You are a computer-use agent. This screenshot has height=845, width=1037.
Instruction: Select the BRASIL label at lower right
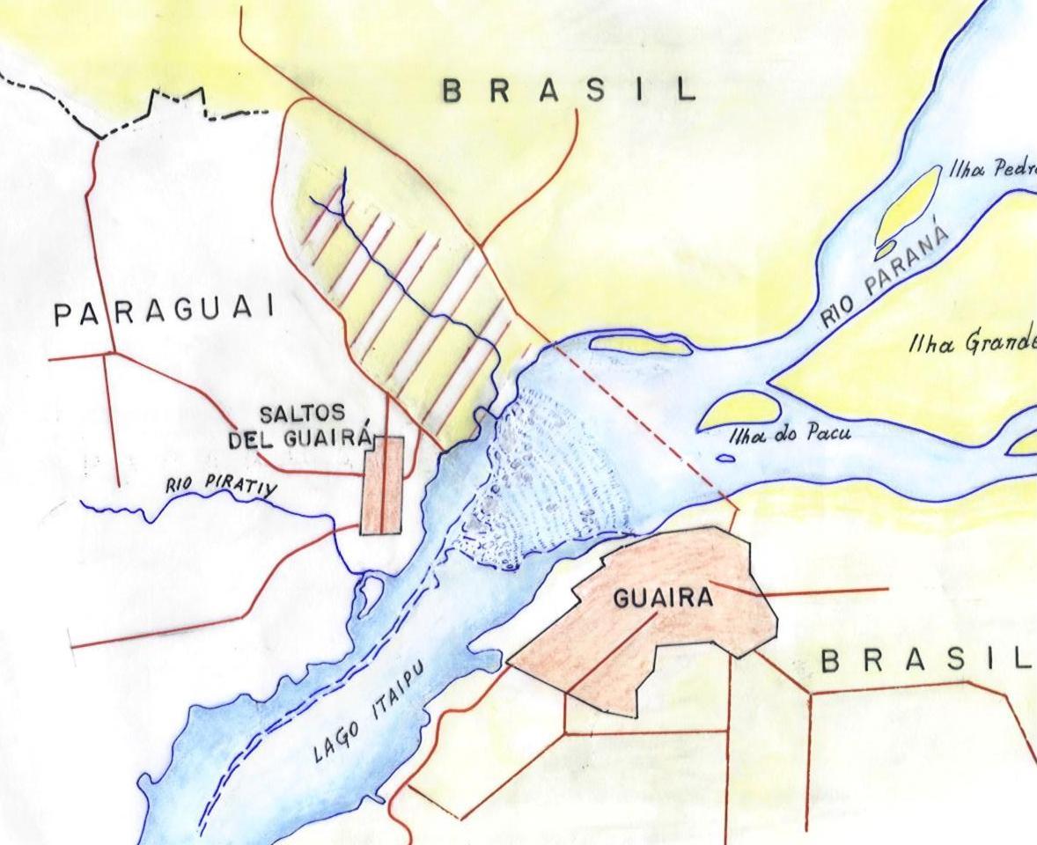click(x=924, y=661)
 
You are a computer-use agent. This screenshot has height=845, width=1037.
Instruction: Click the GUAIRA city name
click(x=662, y=599)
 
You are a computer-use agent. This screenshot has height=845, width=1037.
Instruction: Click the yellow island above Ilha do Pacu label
click(x=739, y=411)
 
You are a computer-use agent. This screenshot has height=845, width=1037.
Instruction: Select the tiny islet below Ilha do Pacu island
click(x=725, y=458)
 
